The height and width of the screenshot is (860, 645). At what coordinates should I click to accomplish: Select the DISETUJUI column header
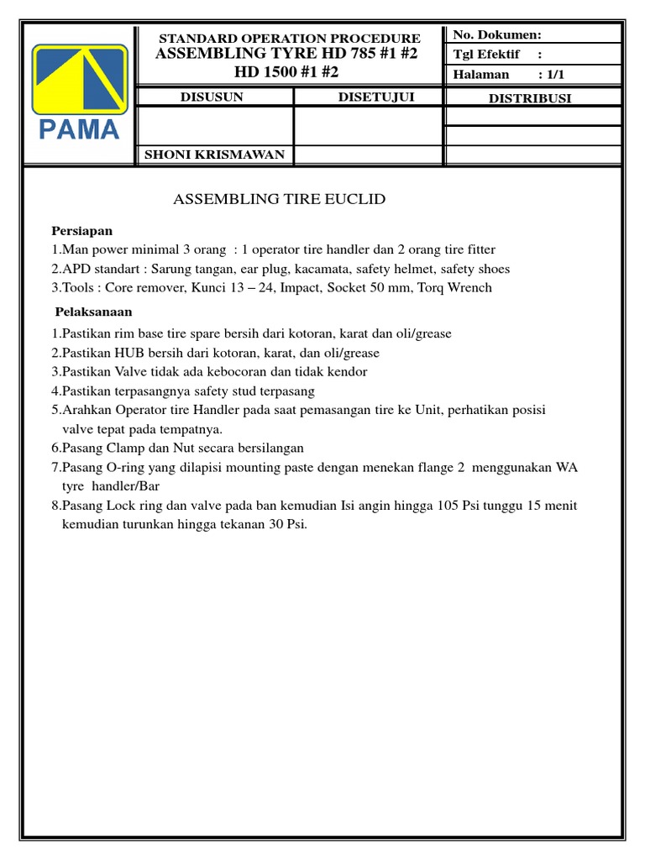point(375,97)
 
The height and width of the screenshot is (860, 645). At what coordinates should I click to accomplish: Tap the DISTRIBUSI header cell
point(530,98)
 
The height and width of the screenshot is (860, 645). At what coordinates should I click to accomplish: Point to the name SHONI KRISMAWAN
point(215,155)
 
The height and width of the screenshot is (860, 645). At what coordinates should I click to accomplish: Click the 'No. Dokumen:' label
point(497,34)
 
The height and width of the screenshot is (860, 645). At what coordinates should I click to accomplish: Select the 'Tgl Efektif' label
point(486,55)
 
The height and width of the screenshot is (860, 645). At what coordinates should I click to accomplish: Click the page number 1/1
point(555,74)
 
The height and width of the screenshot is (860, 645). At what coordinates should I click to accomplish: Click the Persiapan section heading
point(81,231)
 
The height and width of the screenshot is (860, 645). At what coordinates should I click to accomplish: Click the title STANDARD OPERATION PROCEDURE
point(290,39)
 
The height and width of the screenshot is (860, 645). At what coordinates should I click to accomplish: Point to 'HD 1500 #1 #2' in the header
point(286,72)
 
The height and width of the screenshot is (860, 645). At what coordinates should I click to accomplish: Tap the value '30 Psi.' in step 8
point(286,525)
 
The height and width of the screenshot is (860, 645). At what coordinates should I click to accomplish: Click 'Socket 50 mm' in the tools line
point(362,288)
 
